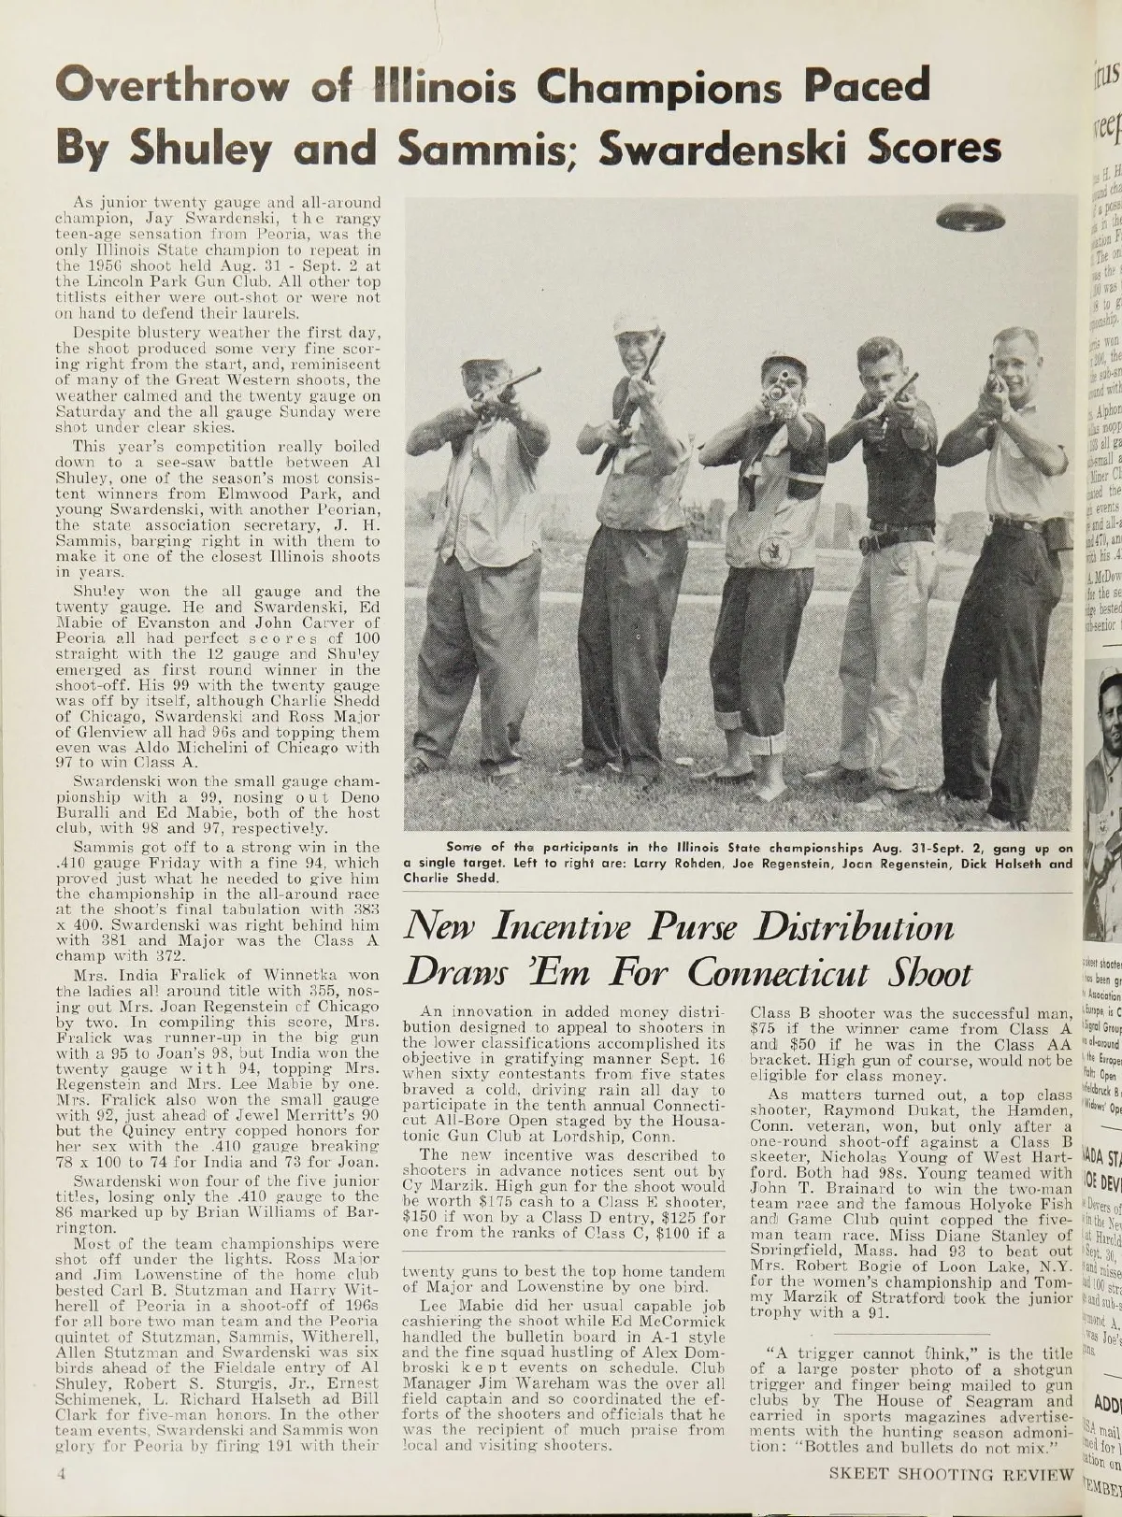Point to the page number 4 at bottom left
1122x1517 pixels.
click(58, 1475)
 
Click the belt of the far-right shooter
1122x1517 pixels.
click(1016, 523)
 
